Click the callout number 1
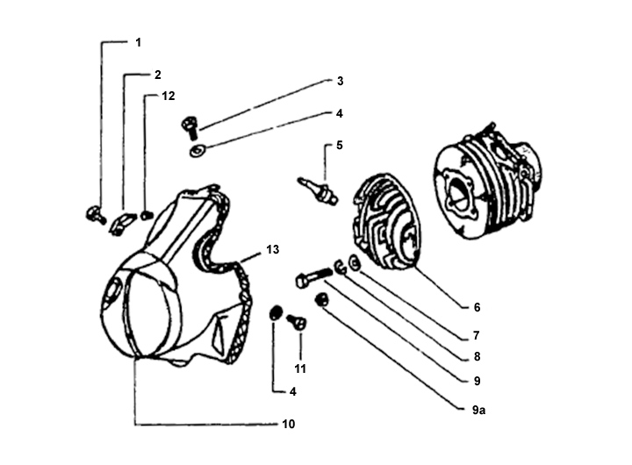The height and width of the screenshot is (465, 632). tap(138, 42)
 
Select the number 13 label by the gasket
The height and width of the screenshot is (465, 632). tap(272, 250)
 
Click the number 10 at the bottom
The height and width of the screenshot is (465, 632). tap(289, 425)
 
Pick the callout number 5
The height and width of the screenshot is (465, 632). tap(339, 145)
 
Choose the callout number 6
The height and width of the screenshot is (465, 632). tap(477, 307)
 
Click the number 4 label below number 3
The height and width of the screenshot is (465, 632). tap(339, 114)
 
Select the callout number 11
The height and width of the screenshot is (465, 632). tap(301, 368)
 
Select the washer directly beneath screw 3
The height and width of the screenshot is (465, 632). tap(195, 151)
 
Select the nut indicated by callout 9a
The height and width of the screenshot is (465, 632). tap(322, 300)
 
